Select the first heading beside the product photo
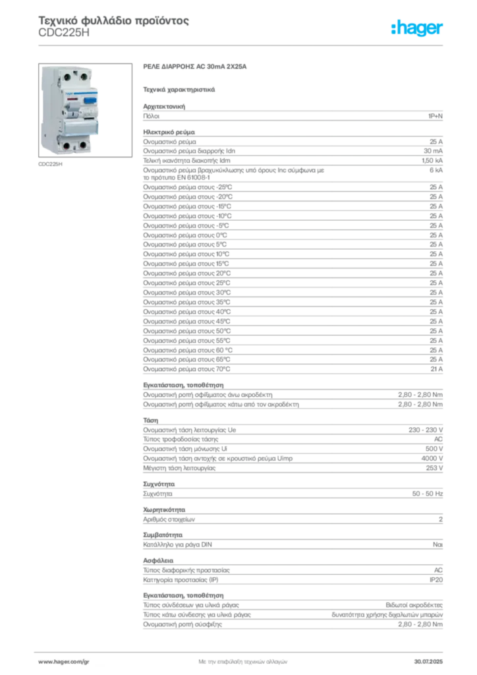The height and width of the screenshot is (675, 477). pos(194,67)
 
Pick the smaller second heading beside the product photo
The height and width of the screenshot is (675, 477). pos(179,88)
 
